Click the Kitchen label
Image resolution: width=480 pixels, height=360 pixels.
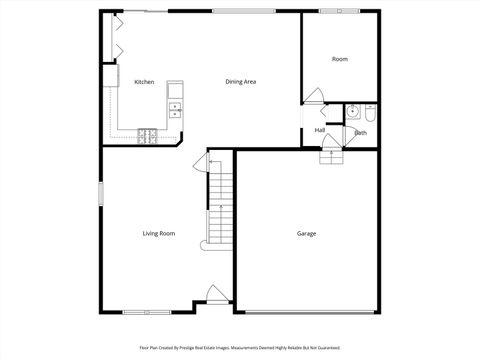click(x=144, y=82)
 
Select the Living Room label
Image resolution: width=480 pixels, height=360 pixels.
click(x=158, y=233)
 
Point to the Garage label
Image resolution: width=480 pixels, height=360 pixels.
click(x=306, y=233)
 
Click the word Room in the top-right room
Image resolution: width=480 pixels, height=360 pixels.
click(x=340, y=60)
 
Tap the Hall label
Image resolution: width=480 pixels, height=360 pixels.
click(x=320, y=130)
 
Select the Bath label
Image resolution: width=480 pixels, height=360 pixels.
click(x=360, y=133)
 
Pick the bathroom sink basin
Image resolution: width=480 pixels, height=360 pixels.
click(x=353, y=112)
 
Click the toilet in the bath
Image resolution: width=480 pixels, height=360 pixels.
click(x=370, y=111)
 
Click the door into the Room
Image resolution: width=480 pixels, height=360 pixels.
click(x=314, y=96)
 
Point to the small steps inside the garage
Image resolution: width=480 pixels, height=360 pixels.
click(x=332, y=155)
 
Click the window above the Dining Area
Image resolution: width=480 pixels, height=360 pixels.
click(x=243, y=11)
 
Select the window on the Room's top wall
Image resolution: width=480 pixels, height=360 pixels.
click(x=340, y=11)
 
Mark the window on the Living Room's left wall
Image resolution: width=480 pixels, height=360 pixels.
click(x=100, y=194)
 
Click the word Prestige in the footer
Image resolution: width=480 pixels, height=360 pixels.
click(x=200, y=349)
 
